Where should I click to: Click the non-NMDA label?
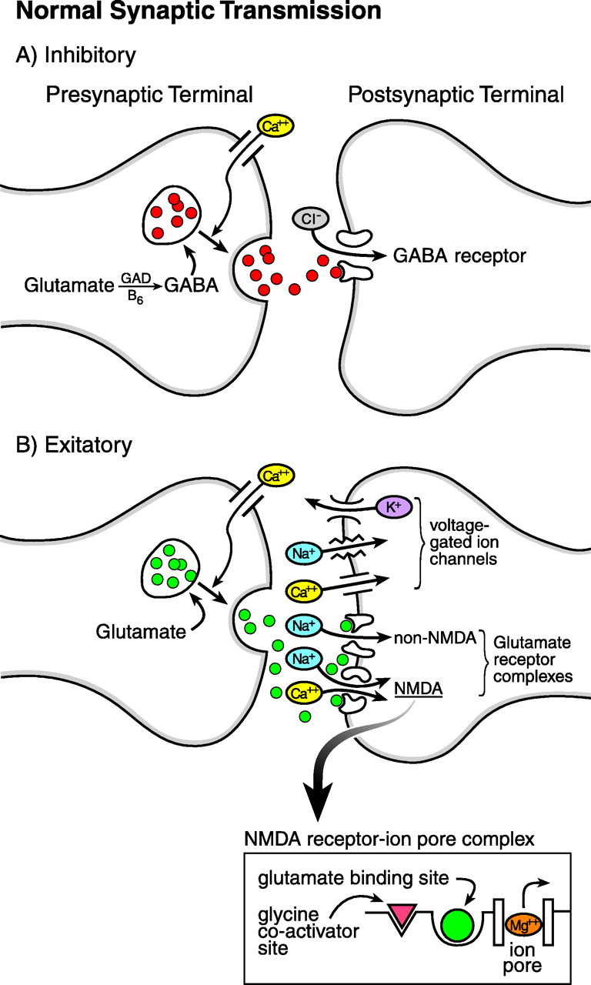[432, 637]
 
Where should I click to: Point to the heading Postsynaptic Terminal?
[456, 95]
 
